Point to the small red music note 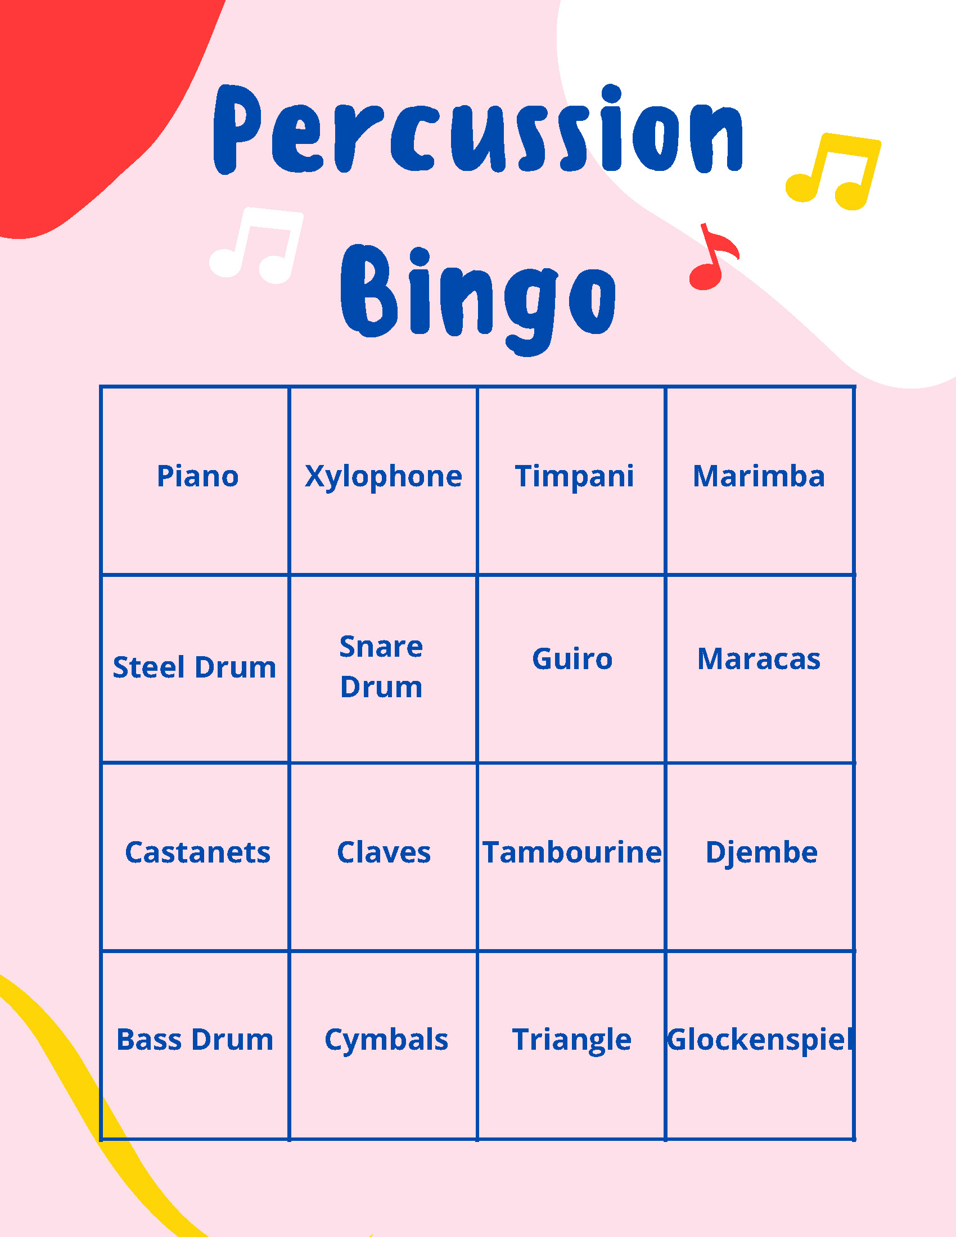coord(712,259)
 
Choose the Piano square coord(197,476)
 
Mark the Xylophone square coord(384,476)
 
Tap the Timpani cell coord(574,476)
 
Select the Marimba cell coord(759,476)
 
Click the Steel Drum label coord(194,667)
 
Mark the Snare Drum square coord(381,667)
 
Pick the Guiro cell coord(572,660)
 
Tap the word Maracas coord(759,660)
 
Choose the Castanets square coord(197,852)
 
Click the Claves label coord(384,852)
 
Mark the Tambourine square coord(572,852)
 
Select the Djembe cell coord(761,852)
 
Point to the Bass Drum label coord(195,1040)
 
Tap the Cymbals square coord(386,1040)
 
